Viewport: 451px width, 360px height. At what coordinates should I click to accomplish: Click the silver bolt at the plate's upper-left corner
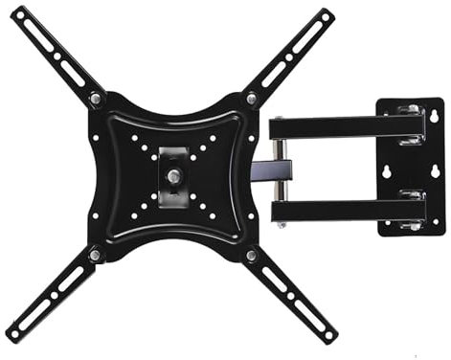pos(96,99)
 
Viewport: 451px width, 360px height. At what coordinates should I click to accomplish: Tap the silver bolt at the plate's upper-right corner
pos(252,98)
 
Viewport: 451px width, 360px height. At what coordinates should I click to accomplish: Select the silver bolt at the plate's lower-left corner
pos(95,255)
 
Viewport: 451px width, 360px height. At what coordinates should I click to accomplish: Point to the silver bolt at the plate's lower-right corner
pos(252,256)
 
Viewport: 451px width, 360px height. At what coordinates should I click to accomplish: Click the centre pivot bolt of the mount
pos(174,175)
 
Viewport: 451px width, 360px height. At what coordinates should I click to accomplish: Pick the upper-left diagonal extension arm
pos(53,53)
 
